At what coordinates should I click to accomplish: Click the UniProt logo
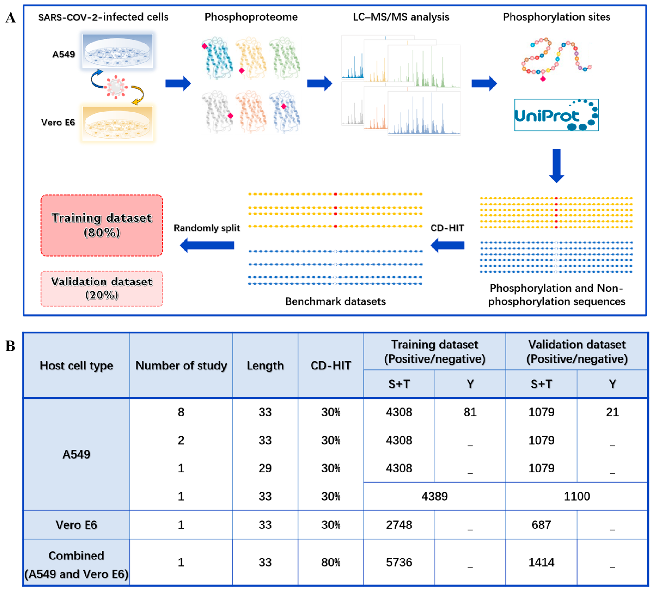(556, 115)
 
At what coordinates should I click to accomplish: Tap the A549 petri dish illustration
(117, 51)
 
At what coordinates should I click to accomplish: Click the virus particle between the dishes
(116, 87)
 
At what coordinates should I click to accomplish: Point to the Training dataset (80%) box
(101, 225)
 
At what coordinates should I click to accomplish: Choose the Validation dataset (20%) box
(101, 289)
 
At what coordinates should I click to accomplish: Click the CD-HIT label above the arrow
(447, 228)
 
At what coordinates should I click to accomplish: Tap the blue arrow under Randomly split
(207, 245)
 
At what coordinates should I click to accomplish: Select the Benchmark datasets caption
(335, 301)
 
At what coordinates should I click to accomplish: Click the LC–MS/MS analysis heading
(401, 17)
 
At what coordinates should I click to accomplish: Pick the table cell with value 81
(470, 412)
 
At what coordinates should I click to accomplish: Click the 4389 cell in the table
(434, 496)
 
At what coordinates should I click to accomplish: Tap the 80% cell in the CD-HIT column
(331, 562)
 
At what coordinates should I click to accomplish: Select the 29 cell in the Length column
(265, 468)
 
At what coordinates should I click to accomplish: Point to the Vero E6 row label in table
(76, 525)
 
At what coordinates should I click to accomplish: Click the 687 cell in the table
(541, 525)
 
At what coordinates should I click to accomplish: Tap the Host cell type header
(76, 365)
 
